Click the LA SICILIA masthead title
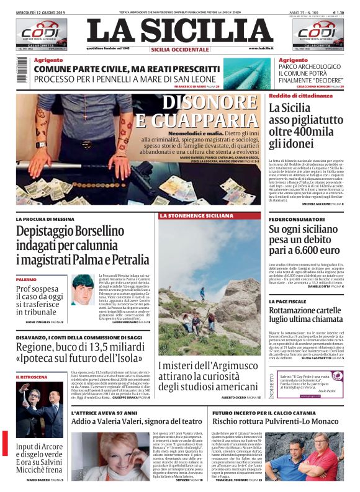pos(179,31)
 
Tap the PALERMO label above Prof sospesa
pos(27,280)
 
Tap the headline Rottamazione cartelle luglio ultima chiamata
pos(305,316)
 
